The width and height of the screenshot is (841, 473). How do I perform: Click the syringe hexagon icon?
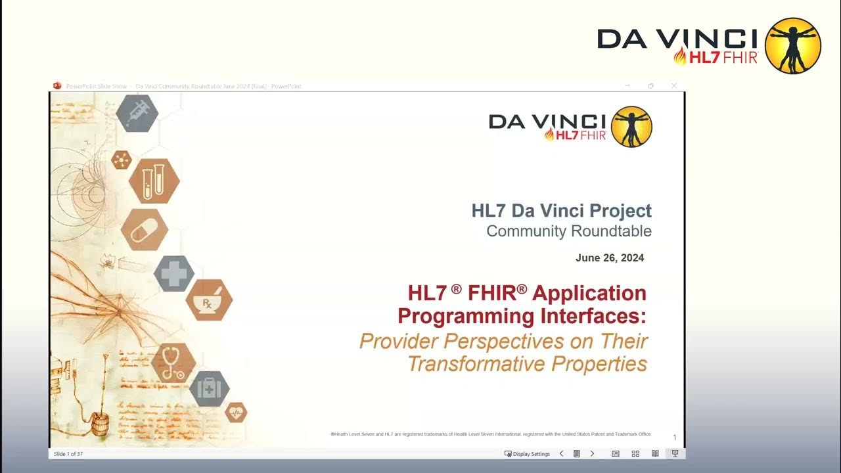pos(137,112)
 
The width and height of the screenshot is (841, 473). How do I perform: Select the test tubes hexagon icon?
pos(154,181)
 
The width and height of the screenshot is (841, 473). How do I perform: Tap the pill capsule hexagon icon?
pos(144,229)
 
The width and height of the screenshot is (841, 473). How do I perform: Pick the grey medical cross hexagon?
pos(174,274)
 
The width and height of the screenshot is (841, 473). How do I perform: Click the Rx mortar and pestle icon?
pos(208,300)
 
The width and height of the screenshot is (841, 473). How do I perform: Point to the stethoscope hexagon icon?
pos(173,363)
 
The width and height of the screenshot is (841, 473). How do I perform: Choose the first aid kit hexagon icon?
pos(209,389)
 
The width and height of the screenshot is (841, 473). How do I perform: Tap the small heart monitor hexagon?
pos(236,412)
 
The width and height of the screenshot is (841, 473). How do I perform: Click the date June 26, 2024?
pos(610,258)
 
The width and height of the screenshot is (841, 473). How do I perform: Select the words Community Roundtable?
pos(569,231)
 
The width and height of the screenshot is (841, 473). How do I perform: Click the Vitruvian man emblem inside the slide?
pos(631,127)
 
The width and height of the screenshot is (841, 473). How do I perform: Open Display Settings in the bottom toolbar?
pos(527,454)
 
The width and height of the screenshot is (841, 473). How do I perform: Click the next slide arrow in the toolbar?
pos(592,454)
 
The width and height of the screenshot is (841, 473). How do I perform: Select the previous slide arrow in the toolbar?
pos(561,454)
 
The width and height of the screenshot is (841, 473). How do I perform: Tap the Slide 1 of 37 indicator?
pos(68,454)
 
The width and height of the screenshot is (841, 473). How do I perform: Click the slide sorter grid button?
pos(635,454)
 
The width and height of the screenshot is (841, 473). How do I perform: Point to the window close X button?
pos(673,86)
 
